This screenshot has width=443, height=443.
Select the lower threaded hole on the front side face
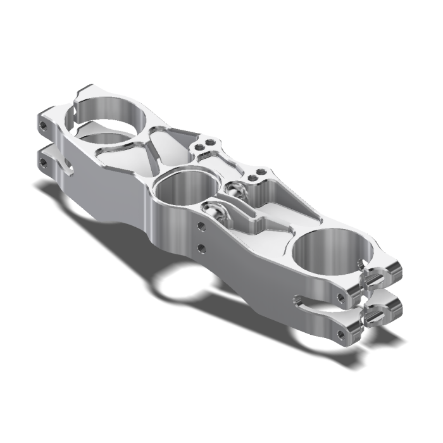(x=201, y=247)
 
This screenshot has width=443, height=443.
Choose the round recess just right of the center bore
(x=235, y=189)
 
